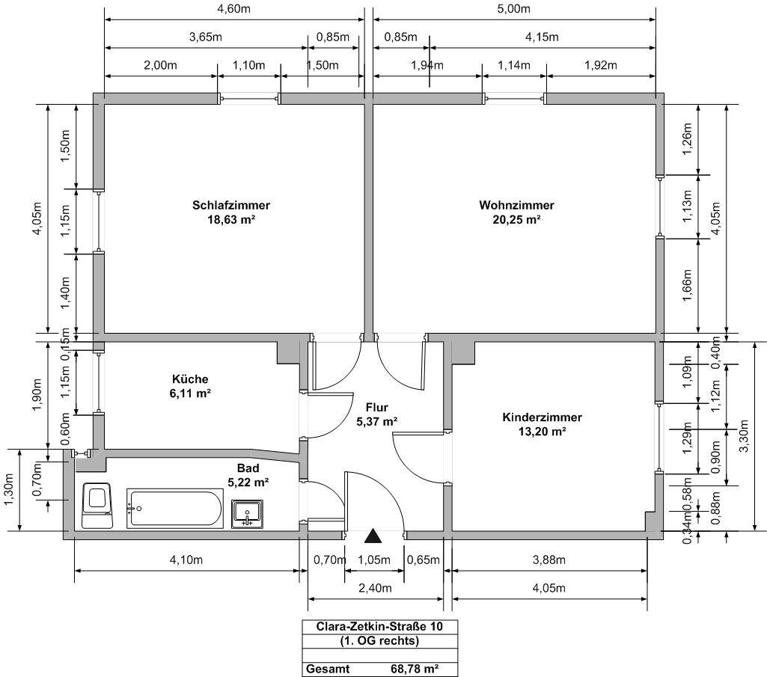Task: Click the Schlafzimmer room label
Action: point(231,205)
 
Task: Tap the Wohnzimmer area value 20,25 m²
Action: point(516,220)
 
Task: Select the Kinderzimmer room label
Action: point(542,417)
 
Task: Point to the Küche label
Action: point(190,379)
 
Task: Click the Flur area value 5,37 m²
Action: point(376,422)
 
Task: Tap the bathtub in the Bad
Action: point(174,509)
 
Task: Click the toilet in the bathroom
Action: point(97,505)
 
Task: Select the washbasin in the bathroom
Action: point(247,514)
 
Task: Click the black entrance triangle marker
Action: point(373,536)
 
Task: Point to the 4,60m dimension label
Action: point(233,9)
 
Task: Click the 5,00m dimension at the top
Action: point(513,9)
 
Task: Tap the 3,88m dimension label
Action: point(548,560)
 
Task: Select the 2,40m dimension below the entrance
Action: point(375,588)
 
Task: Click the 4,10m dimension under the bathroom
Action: point(186,560)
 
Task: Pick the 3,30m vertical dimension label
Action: point(744,436)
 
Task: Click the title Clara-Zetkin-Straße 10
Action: point(379,627)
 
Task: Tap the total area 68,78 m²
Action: point(415,669)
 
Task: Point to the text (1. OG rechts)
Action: point(379,641)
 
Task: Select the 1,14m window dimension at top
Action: point(513,65)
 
